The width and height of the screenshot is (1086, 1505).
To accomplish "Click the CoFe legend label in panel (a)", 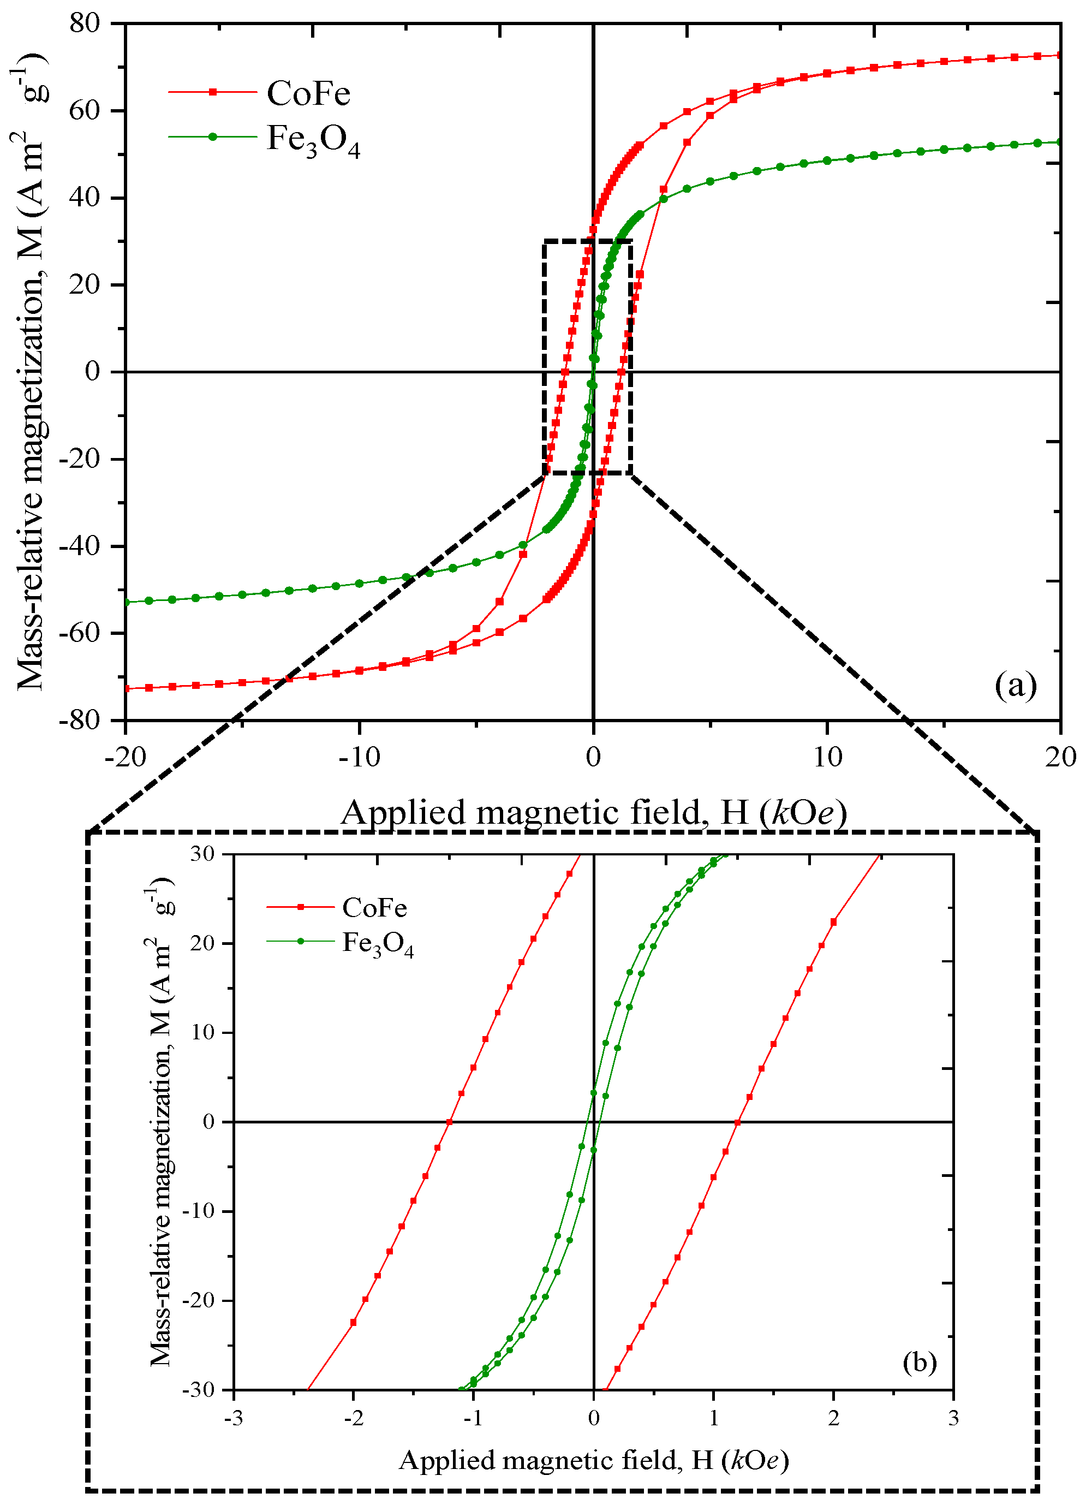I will tap(308, 93).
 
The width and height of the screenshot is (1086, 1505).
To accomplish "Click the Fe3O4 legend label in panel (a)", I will tap(313, 140).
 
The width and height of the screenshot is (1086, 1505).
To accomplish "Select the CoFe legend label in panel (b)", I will tap(375, 908).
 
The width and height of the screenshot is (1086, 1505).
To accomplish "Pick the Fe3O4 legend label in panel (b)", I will tap(378, 944).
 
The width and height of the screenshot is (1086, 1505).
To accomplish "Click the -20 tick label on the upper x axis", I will tap(126, 757).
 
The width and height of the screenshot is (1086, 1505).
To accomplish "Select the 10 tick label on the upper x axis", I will tap(827, 757).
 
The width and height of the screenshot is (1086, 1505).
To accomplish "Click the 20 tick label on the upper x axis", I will tap(1060, 757).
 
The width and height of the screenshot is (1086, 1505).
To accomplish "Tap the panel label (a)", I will tap(1015, 685).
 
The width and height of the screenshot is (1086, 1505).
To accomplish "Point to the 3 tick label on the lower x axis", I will tap(953, 1419).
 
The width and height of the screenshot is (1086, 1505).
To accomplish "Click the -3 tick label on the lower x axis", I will tap(233, 1419).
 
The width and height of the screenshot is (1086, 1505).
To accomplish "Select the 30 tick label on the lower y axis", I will tap(202, 854).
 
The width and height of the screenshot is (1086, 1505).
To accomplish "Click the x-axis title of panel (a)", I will tap(594, 812).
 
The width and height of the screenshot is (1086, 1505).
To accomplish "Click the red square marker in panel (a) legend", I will tap(213, 92).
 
